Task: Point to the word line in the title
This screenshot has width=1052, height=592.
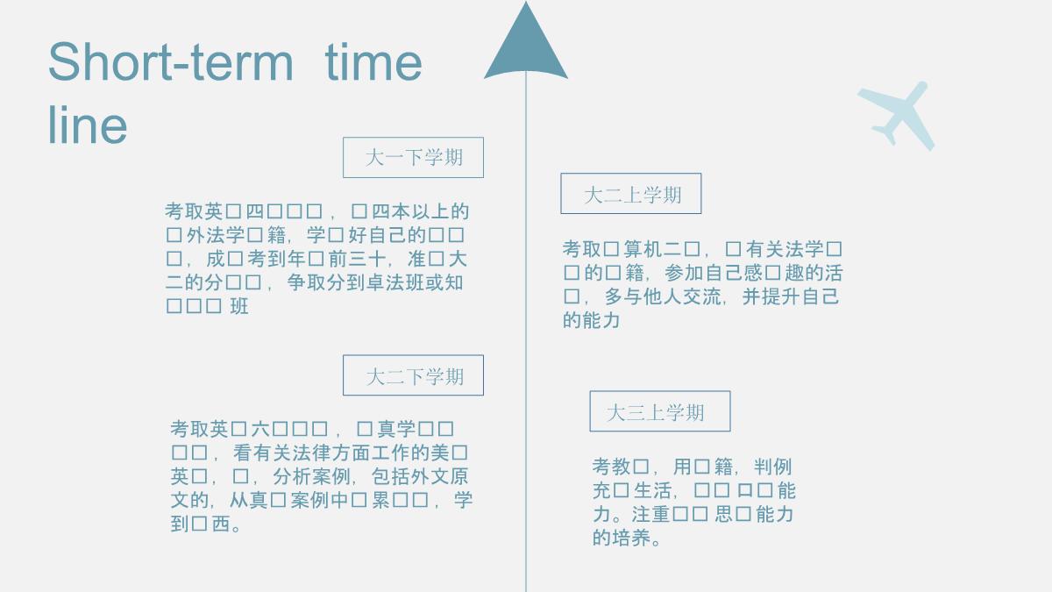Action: click(88, 125)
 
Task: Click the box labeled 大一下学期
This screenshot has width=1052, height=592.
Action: click(413, 158)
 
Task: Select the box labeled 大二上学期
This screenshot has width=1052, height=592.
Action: click(631, 194)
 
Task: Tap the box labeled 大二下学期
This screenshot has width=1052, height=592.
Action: click(413, 375)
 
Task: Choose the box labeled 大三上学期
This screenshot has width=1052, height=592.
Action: click(659, 411)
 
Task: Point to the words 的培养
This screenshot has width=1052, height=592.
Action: click(622, 538)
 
